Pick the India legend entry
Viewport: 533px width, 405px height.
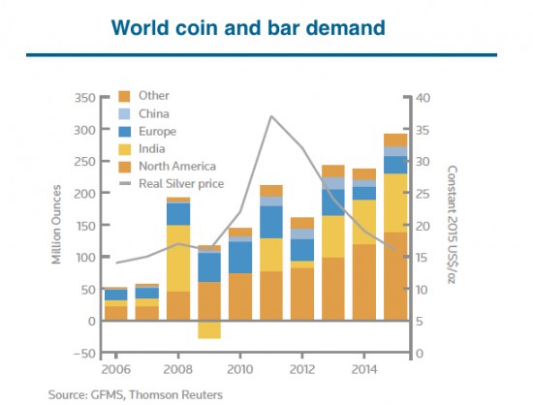(152, 148)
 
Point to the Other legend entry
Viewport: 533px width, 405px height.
(153, 96)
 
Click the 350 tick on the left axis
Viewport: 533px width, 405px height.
(84, 99)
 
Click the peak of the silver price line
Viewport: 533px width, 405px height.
(271, 116)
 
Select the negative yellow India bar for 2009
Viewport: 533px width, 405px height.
(209, 329)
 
